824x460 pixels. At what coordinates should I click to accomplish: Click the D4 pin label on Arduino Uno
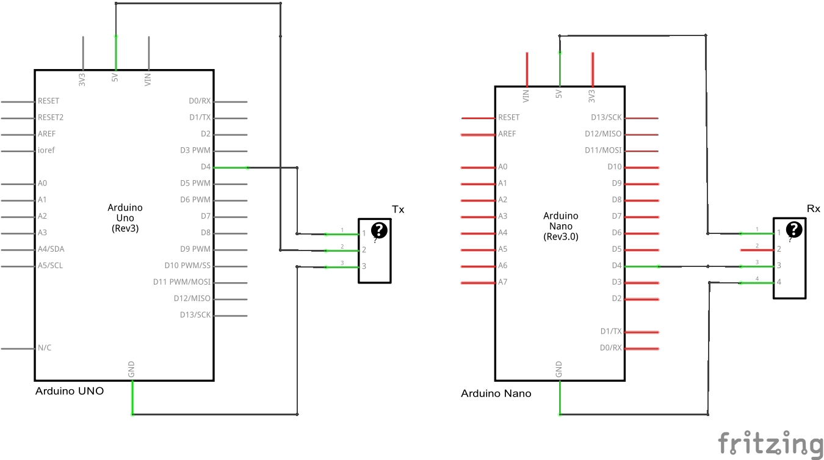[205, 167]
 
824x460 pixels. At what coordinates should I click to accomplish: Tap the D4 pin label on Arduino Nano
[616, 266]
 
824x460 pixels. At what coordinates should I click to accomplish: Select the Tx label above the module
[398, 210]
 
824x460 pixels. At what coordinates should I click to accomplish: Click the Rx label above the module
[814, 209]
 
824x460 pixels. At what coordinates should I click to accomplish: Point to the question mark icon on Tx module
[380, 230]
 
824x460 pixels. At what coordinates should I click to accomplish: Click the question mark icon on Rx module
[793, 229]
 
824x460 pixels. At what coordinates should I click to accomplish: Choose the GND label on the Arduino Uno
[131, 369]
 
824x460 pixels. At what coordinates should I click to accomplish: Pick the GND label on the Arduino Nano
[558, 369]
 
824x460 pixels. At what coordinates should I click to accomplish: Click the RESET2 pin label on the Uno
[51, 117]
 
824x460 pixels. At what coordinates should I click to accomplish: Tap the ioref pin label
[46, 150]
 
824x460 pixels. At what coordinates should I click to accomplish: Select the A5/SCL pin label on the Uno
[50, 266]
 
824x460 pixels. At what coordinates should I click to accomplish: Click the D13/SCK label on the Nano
[606, 117]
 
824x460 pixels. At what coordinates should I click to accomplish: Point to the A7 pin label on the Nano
[503, 282]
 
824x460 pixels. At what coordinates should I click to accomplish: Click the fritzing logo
[770, 444]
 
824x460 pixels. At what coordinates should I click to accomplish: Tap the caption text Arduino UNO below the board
[70, 391]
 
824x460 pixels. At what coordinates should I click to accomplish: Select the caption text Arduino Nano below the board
[496, 393]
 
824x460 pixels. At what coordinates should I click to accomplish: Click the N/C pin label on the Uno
[45, 348]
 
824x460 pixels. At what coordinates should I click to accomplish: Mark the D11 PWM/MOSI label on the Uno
[181, 282]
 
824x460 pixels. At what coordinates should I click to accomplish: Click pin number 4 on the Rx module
[779, 282]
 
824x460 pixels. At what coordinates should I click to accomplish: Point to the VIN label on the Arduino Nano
[526, 95]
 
